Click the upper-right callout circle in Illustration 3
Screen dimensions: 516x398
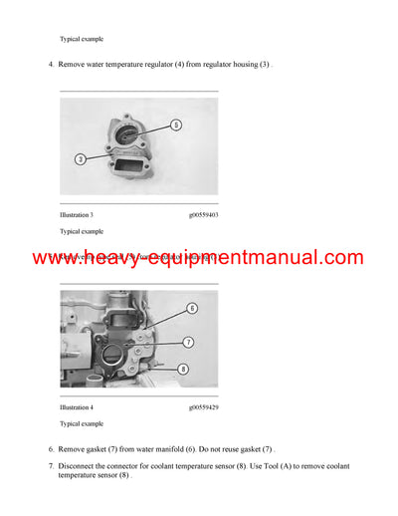[x=175, y=126]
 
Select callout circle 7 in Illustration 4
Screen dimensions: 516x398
[x=185, y=343]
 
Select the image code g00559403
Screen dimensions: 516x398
[x=206, y=214]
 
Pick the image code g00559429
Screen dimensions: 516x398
[x=206, y=407]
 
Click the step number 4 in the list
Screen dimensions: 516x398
[x=51, y=65]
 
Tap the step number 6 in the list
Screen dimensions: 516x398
[x=51, y=449]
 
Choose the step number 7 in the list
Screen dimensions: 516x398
[x=51, y=466]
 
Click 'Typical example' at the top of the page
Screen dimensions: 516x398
[x=82, y=39]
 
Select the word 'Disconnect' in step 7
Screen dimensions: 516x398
[x=81, y=466]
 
